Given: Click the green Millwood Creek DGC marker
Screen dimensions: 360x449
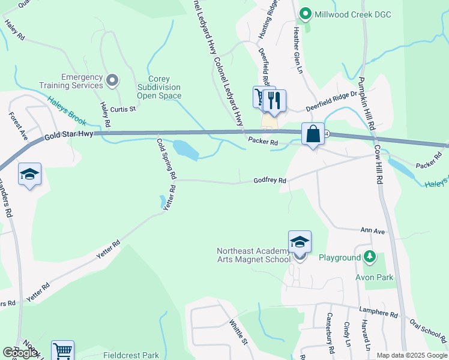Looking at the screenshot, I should tap(306, 13).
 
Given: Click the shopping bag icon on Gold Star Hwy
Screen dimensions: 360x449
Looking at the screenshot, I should tap(313, 134).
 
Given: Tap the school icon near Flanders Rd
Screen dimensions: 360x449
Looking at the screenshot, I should tap(29, 175).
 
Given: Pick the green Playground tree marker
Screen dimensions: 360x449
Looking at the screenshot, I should tap(370, 257).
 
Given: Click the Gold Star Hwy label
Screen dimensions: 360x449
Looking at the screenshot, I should tap(70, 134).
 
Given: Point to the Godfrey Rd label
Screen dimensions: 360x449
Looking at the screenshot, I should tap(270, 180).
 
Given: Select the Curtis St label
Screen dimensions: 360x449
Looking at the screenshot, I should tap(125, 109).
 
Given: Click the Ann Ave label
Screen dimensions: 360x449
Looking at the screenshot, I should tap(372, 230).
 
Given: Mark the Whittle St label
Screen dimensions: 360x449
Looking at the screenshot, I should tap(238, 332).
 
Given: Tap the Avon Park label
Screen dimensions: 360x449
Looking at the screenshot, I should tap(374, 277).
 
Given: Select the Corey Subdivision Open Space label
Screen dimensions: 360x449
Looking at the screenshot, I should tap(159, 87).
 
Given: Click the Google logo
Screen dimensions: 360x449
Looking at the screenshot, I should tap(20, 353).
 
